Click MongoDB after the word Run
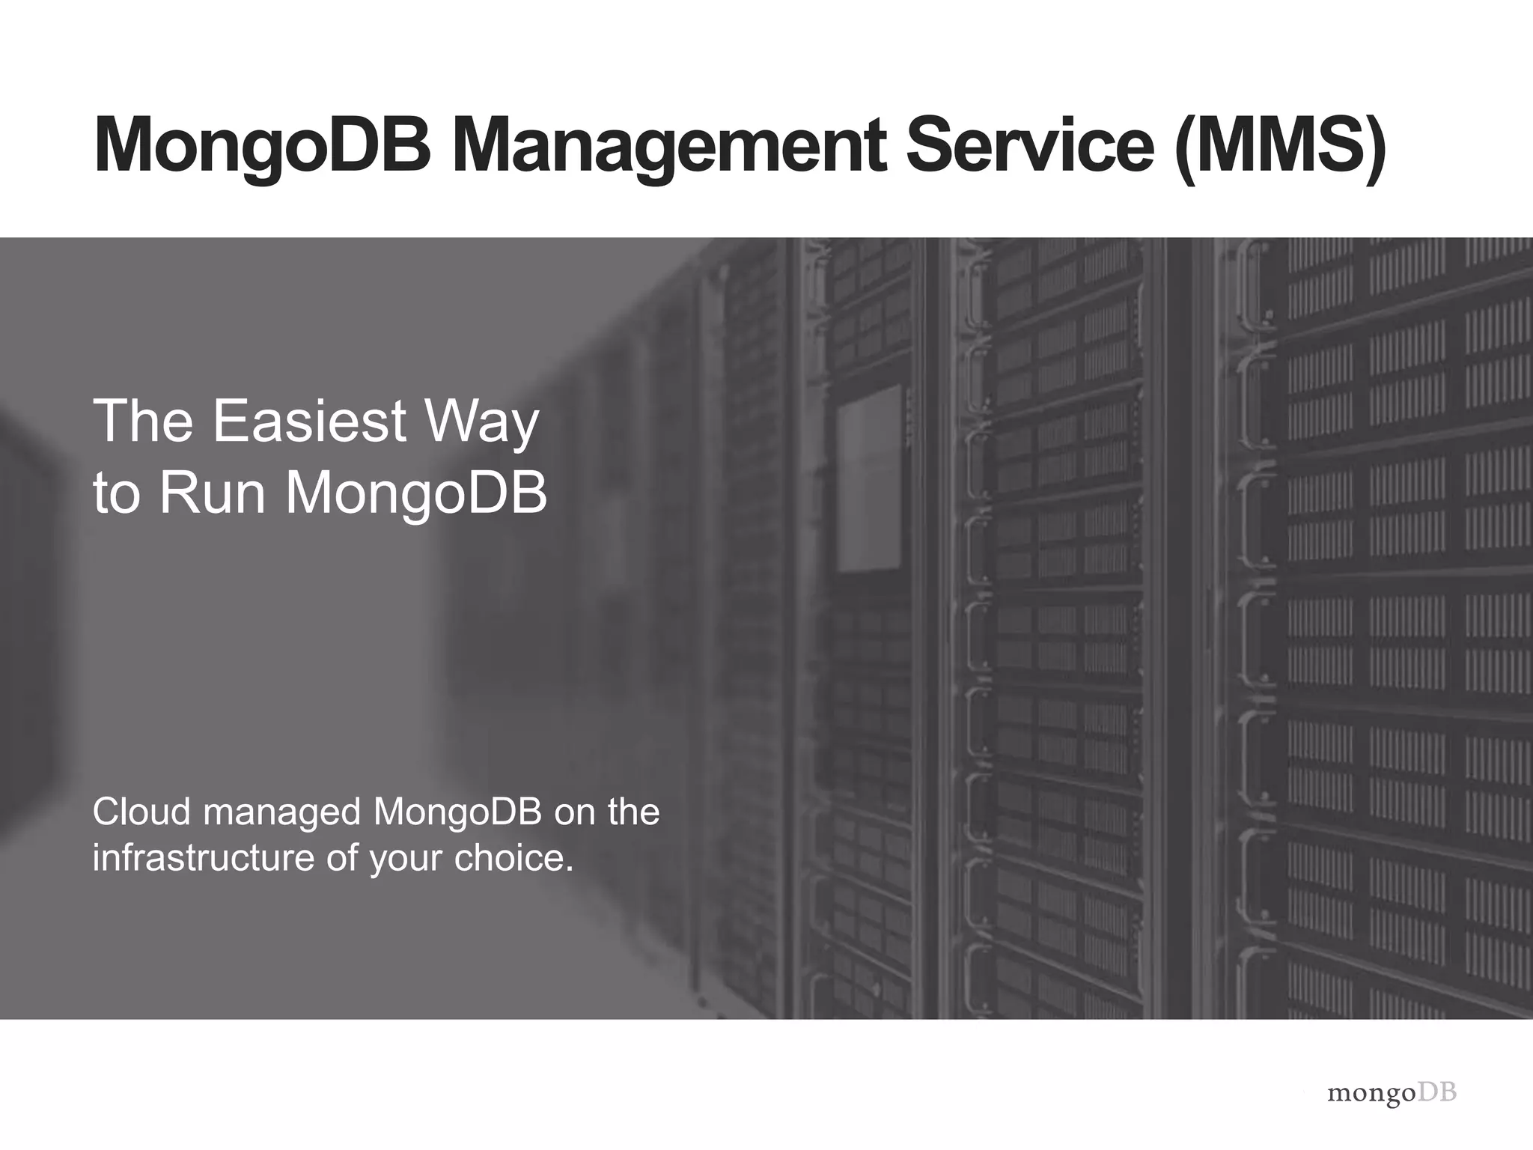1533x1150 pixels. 417,496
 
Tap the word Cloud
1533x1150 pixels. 142,812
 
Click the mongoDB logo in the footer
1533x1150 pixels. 1392,1092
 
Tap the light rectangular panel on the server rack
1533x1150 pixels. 869,480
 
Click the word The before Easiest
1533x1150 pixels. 143,421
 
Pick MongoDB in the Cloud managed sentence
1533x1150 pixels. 457,812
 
